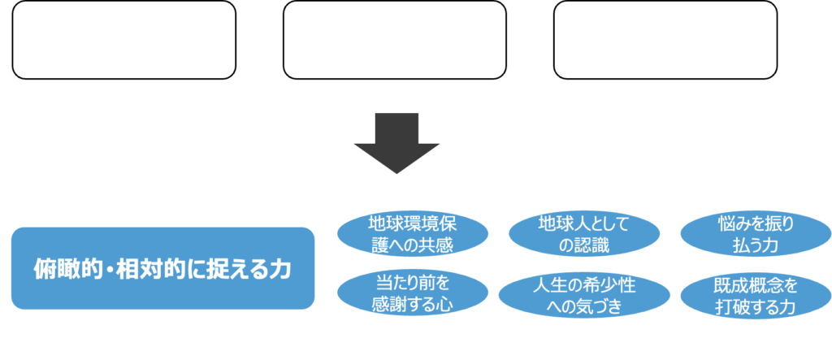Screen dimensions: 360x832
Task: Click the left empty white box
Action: tap(123, 40)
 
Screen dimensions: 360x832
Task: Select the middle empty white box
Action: tap(395, 40)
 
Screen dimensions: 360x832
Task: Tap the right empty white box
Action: tap(665, 40)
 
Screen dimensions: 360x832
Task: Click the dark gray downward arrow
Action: tap(396, 142)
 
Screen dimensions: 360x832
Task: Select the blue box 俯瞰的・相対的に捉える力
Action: tap(162, 267)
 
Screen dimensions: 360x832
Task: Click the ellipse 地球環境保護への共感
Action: tap(413, 233)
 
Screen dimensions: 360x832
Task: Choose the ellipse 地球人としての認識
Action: tap(584, 233)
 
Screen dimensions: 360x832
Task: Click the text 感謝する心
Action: tap(413, 306)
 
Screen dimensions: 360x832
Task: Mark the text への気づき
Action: tap(584, 306)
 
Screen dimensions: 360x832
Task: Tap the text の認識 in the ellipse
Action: tap(584, 244)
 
